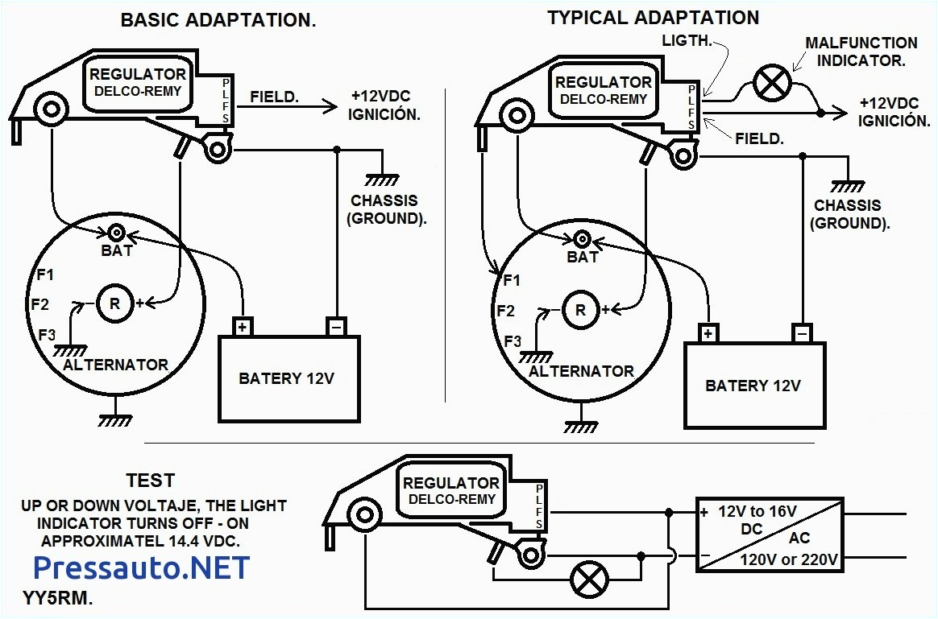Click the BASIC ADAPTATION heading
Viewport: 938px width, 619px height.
(218, 21)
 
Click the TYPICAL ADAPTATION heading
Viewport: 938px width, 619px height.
(653, 18)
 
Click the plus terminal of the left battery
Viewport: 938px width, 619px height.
(243, 327)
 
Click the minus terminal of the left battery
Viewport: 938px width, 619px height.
(336, 327)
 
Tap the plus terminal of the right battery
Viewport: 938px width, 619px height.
(708, 333)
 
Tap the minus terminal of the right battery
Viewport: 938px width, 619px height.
(801, 333)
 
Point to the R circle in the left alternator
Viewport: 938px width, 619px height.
(114, 304)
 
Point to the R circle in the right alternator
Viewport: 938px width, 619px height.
(577, 309)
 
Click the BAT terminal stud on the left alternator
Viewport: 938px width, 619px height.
(116, 233)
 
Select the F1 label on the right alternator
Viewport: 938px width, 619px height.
(511, 281)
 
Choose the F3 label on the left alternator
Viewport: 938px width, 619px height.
(47, 334)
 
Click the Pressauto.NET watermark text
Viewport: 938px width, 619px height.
(141, 567)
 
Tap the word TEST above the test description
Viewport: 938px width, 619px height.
(150, 481)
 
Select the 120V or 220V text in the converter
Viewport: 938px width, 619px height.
(789, 559)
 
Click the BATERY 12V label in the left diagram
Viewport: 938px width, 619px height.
(286, 378)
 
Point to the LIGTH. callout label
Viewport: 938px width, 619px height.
(687, 40)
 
